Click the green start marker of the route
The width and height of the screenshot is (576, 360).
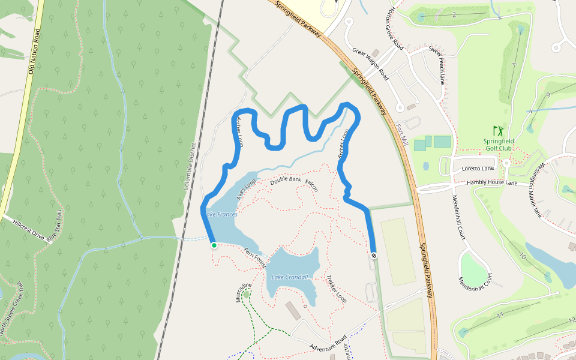[x=214, y=245]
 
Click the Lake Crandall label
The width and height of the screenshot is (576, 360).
[x=289, y=277]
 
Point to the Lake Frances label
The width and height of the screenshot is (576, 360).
[x=221, y=214]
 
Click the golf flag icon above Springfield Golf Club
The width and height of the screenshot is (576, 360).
[x=498, y=130]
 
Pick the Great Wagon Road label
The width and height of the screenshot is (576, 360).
[x=370, y=64]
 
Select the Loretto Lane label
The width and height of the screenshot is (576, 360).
[x=477, y=169]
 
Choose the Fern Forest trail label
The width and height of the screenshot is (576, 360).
[x=254, y=257]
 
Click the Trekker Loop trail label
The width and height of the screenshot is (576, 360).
[x=337, y=288]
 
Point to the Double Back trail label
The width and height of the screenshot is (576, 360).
[x=286, y=180]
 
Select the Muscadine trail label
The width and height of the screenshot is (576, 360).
[x=242, y=292]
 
